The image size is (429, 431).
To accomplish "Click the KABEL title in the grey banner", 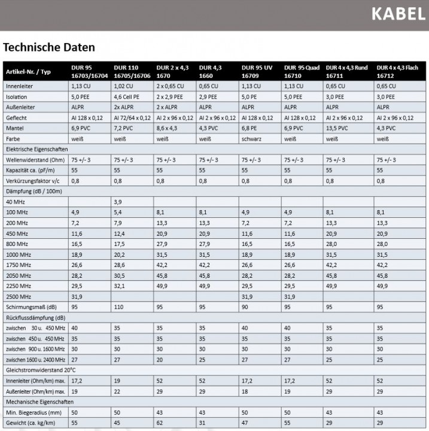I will (x=397, y=14).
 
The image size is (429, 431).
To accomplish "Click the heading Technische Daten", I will (x=48, y=47).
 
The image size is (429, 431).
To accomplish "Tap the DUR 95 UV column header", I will (x=257, y=72).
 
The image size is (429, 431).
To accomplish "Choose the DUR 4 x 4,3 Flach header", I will (x=397, y=72).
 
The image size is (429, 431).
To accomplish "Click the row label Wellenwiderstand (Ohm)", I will (x=35, y=160).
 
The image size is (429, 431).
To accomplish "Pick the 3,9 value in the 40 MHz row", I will (x=118, y=202).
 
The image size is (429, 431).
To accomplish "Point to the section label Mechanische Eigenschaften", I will (x=38, y=403).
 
